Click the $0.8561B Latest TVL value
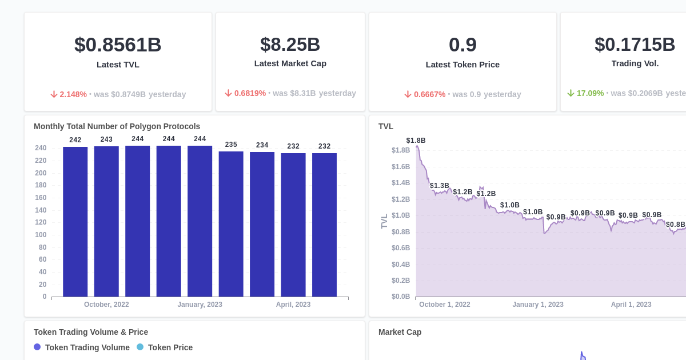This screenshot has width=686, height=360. (x=118, y=45)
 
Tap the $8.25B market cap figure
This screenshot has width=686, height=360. (x=290, y=45)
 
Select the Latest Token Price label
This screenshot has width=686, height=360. (x=462, y=65)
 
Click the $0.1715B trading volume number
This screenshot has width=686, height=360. (x=635, y=45)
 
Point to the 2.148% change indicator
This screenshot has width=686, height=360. (x=73, y=94)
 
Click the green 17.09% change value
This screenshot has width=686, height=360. (x=589, y=93)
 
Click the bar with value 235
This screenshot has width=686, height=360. (x=231, y=224)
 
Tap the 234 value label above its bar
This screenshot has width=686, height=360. (x=262, y=145)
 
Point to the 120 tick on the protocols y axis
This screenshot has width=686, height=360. (x=41, y=222)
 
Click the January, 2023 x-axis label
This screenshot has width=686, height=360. (x=200, y=305)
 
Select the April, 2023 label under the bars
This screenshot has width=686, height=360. (x=293, y=305)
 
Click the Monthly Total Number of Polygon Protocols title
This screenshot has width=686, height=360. (x=117, y=126)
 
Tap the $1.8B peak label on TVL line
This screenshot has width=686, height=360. (x=416, y=141)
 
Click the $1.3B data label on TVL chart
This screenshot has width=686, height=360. (x=440, y=186)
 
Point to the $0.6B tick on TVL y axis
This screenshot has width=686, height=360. (x=401, y=248)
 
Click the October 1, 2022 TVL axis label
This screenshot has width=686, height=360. (x=445, y=305)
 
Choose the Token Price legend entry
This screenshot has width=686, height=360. (x=170, y=347)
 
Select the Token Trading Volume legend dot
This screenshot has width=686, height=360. (x=37, y=347)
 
